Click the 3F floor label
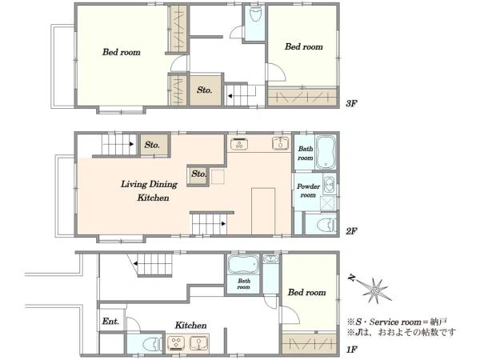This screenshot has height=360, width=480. [351, 103]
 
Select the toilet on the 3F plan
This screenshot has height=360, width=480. [254, 14]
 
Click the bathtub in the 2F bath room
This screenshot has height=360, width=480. [326, 152]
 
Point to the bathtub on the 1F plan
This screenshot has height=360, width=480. [242, 264]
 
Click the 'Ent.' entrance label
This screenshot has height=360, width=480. [110, 322]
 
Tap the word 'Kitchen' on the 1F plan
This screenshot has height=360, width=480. [190, 325]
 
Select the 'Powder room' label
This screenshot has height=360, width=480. [308, 190]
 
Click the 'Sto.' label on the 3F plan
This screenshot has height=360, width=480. [204, 90]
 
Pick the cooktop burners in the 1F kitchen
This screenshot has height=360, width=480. [176, 343]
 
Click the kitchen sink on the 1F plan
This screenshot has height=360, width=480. [199, 343]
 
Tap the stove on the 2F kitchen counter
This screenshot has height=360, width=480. [239, 143]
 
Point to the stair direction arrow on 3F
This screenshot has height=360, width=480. [230, 96]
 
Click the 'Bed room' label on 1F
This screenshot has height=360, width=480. [306, 292]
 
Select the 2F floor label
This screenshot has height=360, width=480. [351, 231]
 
